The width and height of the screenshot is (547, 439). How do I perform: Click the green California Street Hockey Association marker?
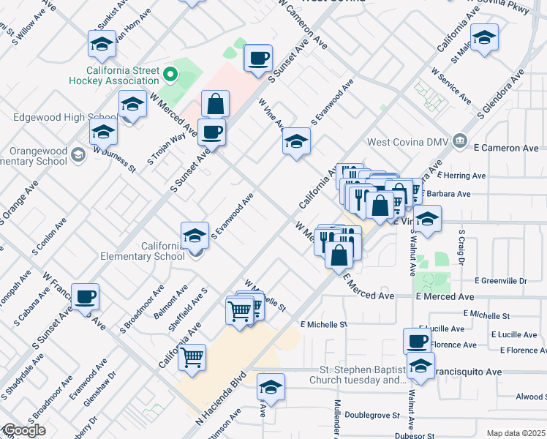tap(170, 74)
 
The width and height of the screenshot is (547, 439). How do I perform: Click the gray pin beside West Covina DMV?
tap(459, 140)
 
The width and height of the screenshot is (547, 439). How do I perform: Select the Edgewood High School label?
tap(66, 117)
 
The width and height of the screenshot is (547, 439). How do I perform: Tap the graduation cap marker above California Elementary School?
tap(195, 236)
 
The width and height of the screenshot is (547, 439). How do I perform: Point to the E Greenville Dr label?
tap(500, 280)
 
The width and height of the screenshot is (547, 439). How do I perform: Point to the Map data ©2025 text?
tap(515, 433)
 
